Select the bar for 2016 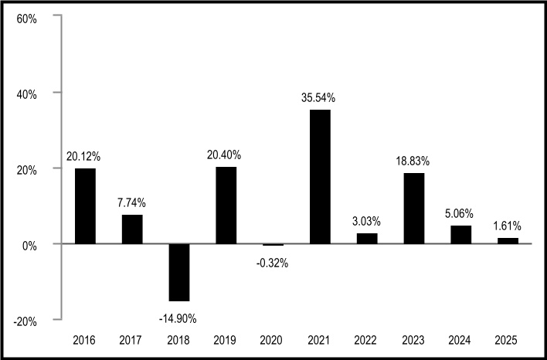pos(86,205)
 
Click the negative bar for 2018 pos(179,273)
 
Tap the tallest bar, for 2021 pos(320,176)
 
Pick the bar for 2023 pos(414,209)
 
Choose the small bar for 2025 pos(508,241)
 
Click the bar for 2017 pos(132,229)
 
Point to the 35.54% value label pos(318,98)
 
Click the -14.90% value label pos(178,319)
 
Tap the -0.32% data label pos(272,263)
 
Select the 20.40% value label pos(224,155)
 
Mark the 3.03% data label pos(366,221)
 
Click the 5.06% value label pos(459,213)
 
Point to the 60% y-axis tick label pos(26,19)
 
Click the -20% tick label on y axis pos(25,321)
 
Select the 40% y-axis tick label pos(26,95)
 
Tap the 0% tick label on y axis pos(29,246)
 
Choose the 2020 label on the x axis pos(271,340)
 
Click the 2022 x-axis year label pos(365,340)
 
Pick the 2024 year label pos(460,340)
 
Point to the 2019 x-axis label pos(225,340)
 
